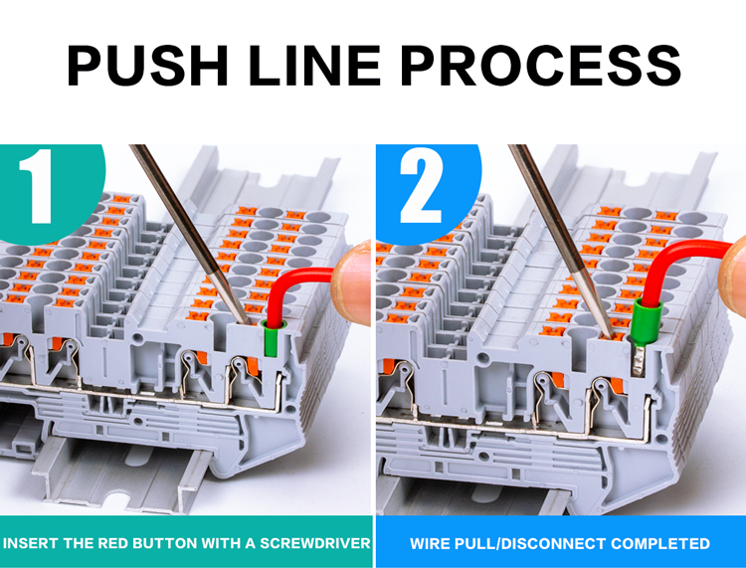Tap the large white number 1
pos(39,186)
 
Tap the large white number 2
pos(421,186)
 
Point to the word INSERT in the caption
pos(33,544)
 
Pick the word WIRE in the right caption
pos(430,544)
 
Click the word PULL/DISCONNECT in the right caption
pos(525,544)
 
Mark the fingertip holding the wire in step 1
pos(353,284)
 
